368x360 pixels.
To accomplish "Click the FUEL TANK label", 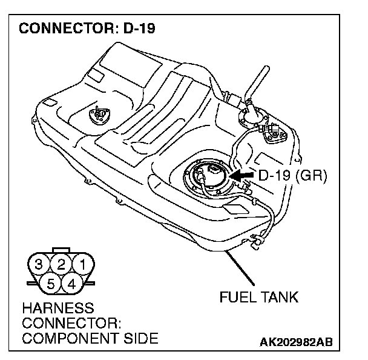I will (260, 298).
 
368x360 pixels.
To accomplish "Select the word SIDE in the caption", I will (137, 337).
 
